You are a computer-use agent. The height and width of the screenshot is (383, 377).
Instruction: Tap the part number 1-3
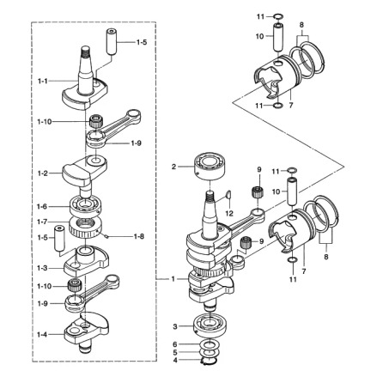pos(43,268)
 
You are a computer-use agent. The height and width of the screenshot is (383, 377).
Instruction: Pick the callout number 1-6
pos(43,206)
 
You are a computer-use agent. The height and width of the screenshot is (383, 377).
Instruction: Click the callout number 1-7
pos(43,221)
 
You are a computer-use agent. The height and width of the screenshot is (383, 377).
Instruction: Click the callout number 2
pos(173,167)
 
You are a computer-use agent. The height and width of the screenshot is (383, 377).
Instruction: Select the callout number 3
pos(173,327)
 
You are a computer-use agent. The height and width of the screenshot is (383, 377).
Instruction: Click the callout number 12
pos(230,212)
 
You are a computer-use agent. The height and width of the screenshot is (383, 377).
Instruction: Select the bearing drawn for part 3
pos(208,327)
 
